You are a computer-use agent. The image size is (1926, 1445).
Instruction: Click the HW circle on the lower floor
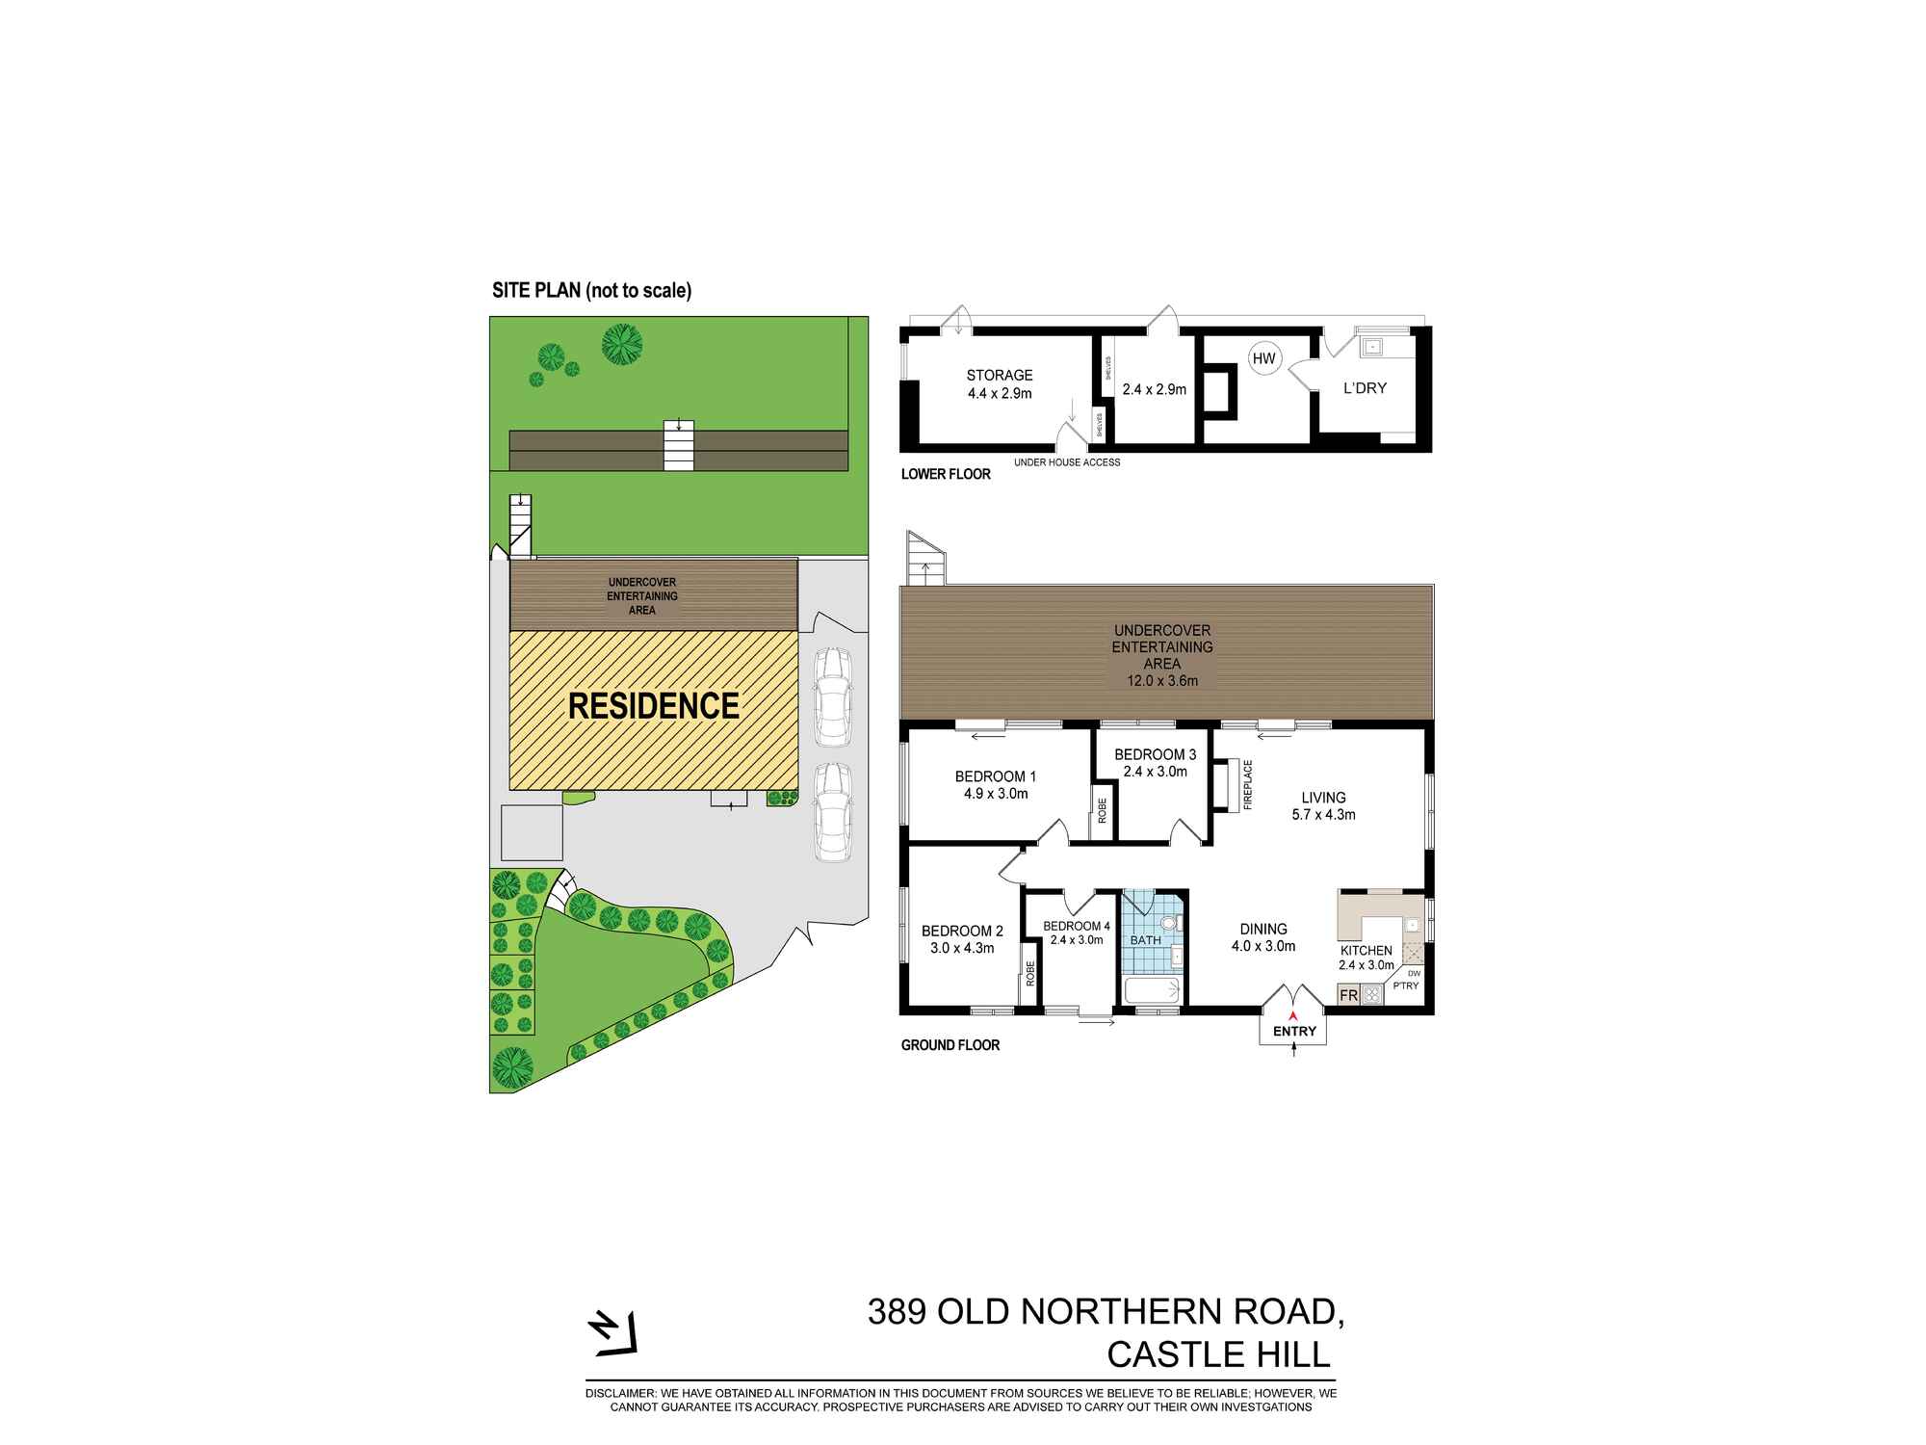coord(1263,359)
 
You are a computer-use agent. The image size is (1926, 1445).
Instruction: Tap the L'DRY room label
coord(1365,388)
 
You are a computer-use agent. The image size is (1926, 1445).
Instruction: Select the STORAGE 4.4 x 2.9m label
coord(1000,383)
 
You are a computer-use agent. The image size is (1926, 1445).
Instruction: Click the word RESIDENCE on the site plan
coord(654,706)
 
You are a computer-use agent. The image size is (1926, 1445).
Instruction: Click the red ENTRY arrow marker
coord(1293,1014)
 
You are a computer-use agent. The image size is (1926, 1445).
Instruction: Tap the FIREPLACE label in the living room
coord(1248,784)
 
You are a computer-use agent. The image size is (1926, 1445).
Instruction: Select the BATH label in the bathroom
coord(1145,940)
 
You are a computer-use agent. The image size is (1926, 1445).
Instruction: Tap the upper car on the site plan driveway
coord(832,696)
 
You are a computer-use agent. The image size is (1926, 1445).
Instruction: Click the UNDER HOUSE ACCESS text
coord(1067,462)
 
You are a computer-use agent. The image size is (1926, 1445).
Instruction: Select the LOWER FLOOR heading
coord(946,474)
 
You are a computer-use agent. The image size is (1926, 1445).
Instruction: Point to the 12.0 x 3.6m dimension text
coord(1162,681)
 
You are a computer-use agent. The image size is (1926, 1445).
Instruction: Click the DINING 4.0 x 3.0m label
coord(1263,937)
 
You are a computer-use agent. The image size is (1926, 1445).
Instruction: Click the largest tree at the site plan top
coord(623,342)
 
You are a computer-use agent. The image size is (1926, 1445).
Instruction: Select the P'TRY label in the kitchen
coord(1406,985)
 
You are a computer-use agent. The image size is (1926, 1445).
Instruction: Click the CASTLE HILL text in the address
coord(1218,1354)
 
